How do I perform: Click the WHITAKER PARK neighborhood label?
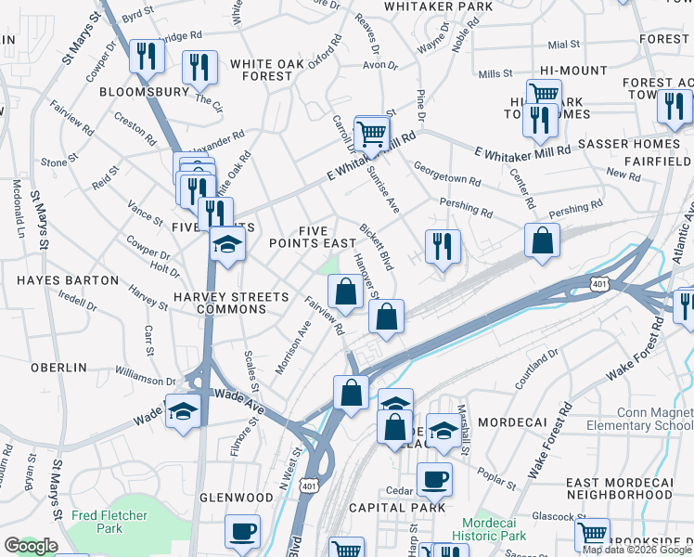click(x=439, y=6)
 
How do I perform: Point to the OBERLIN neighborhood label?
click(x=58, y=368)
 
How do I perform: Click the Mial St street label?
click(x=563, y=44)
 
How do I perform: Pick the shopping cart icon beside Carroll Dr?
click(x=371, y=133)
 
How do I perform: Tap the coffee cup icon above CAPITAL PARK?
click(x=433, y=480)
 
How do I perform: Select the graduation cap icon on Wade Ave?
click(x=183, y=409)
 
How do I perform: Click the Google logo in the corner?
click(x=31, y=546)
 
